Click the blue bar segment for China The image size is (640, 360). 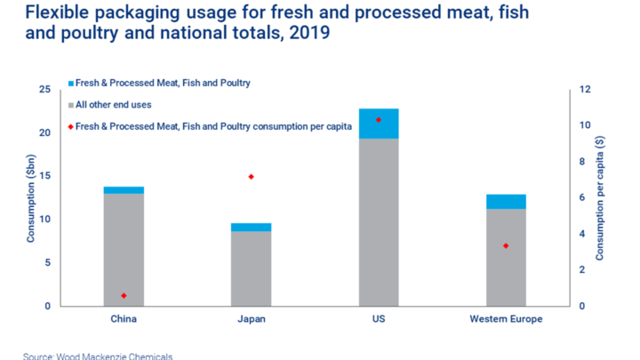point(124,190)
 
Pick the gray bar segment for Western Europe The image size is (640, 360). point(505,258)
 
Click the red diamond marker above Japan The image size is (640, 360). point(251,177)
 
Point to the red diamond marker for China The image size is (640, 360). point(124,295)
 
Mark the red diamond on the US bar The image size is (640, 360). point(378,119)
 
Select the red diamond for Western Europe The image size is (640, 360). point(505,245)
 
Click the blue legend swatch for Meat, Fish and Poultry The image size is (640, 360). point(71,84)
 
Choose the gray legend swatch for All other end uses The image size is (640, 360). point(71,105)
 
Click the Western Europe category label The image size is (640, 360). point(505,318)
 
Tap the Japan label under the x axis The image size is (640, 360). point(251,318)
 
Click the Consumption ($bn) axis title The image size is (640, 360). point(29,198)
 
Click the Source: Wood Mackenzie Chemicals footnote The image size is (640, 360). point(98,356)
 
